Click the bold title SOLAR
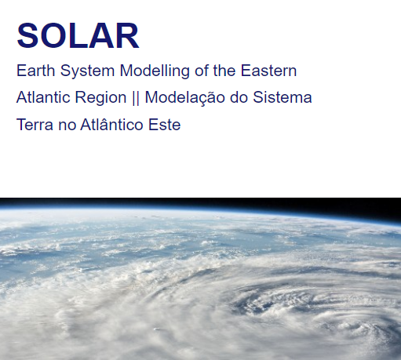point(78,36)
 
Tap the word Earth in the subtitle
point(35,71)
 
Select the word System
point(87,71)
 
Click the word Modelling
point(155,71)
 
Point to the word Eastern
point(268,71)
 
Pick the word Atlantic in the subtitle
point(43,97)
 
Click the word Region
point(100,98)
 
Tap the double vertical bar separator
point(136,98)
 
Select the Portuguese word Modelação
point(184,98)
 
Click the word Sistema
point(283,97)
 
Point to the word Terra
point(35,125)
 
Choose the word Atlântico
point(111,124)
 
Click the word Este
point(165,125)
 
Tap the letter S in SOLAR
point(27,36)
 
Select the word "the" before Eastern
point(224,71)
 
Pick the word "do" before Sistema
point(239,97)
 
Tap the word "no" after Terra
point(67,125)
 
